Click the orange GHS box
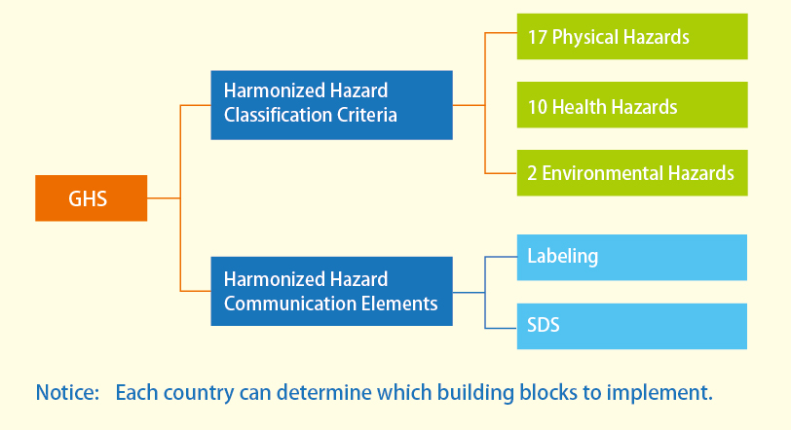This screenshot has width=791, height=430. click(x=92, y=198)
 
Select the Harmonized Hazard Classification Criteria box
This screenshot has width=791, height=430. click(x=331, y=105)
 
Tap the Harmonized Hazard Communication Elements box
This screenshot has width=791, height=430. click(x=331, y=292)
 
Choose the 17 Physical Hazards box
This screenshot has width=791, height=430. click(x=632, y=37)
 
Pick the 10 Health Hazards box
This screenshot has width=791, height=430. click(x=632, y=105)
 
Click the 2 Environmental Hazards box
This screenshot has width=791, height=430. click(x=632, y=173)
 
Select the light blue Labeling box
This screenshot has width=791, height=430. click(x=632, y=257)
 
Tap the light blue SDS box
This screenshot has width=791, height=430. click(x=632, y=326)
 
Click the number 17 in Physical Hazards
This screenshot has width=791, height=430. click(x=538, y=37)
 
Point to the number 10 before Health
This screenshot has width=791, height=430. click(x=538, y=107)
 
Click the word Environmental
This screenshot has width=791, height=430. click(x=602, y=173)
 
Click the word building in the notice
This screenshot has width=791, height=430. click(x=475, y=393)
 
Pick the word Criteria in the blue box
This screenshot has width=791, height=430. click(x=367, y=115)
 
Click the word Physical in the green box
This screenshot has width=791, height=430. click(x=584, y=38)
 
